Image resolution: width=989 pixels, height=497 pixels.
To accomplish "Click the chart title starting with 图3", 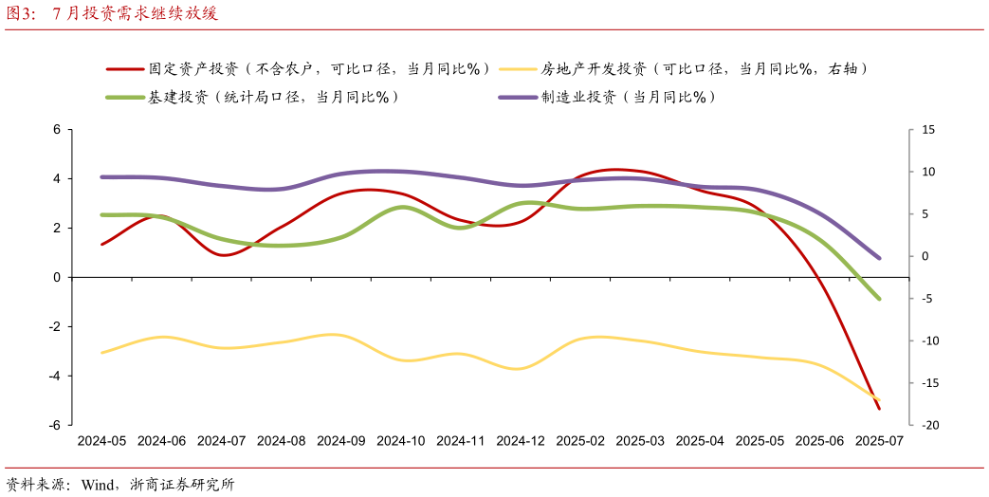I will click(112, 13).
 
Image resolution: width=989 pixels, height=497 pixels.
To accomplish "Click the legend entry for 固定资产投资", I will click(319, 68).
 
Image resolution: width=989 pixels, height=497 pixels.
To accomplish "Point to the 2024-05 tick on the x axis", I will click(101, 441).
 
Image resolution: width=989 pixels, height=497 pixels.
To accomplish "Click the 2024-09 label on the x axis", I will click(340, 441).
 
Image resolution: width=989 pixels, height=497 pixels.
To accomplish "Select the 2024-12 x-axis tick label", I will click(521, 441).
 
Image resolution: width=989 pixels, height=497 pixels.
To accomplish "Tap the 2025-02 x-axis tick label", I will click(580, 441).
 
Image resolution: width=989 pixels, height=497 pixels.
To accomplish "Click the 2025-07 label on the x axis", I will click(879, 441).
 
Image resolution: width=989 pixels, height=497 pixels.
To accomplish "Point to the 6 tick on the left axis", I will click(57, 129).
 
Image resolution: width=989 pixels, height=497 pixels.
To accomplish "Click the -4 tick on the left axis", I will click(55, 376).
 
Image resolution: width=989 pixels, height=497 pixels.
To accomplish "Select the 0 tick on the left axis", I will click(57, 277).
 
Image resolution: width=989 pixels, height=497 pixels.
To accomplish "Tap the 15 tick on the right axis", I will click(927, 129).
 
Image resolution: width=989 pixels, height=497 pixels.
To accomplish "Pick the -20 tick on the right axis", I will click(927, 425).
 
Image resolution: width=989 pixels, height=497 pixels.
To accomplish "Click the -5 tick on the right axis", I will click(927, 298).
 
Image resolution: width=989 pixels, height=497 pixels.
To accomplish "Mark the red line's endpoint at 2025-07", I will click(879, 409).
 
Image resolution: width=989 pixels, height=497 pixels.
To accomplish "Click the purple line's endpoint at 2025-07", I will click(879, 258).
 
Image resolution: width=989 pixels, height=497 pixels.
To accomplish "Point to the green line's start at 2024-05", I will click(101, 215).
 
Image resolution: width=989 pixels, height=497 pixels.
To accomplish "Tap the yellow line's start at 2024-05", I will click(101, 353).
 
